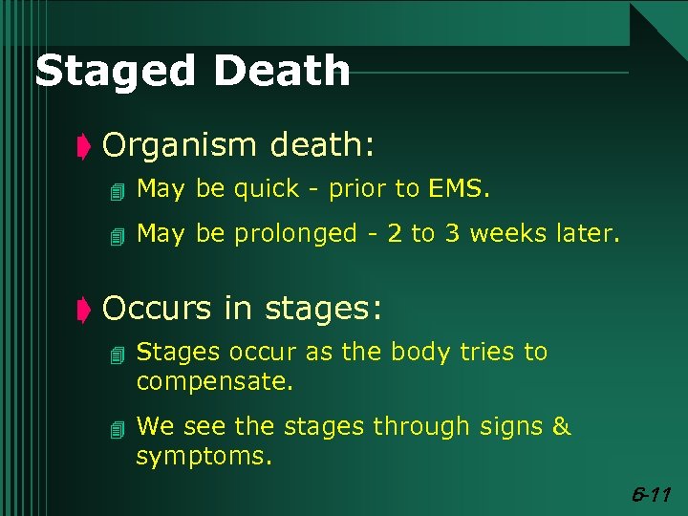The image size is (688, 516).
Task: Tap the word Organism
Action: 180,146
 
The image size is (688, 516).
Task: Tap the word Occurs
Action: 156,309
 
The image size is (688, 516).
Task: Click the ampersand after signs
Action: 561,426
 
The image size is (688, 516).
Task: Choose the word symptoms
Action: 204,458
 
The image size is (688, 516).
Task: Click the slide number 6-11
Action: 654,495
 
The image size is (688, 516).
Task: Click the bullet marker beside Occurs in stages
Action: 83,310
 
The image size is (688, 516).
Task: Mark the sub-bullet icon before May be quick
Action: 118,191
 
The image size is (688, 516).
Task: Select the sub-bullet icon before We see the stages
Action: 118,428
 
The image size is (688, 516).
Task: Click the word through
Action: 419,427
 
